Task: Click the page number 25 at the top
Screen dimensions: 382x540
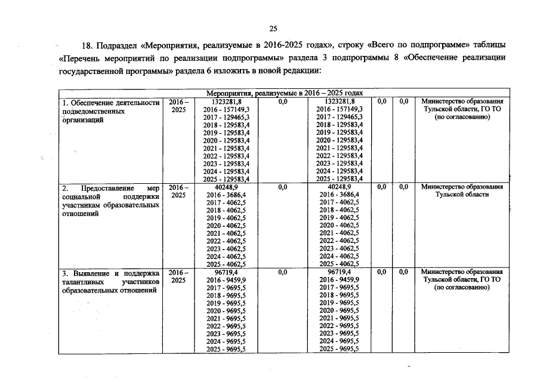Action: pyautogui.click(x=273, y=28)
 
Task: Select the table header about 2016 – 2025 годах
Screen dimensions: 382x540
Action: pyautogui.click(x=284, y=94)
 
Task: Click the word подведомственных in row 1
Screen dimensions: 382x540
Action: pyautogui.click(x=93, y=111)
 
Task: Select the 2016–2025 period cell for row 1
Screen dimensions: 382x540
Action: pyautogui.click(x=178, y=106)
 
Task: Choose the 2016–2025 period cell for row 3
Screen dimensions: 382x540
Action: pyautogui.click(x=178, y=277)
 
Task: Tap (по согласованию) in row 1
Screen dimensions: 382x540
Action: pyautogui.click(x=462, y=118)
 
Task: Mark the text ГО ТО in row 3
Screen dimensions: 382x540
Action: pyautogui.click(x=489, y=280)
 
